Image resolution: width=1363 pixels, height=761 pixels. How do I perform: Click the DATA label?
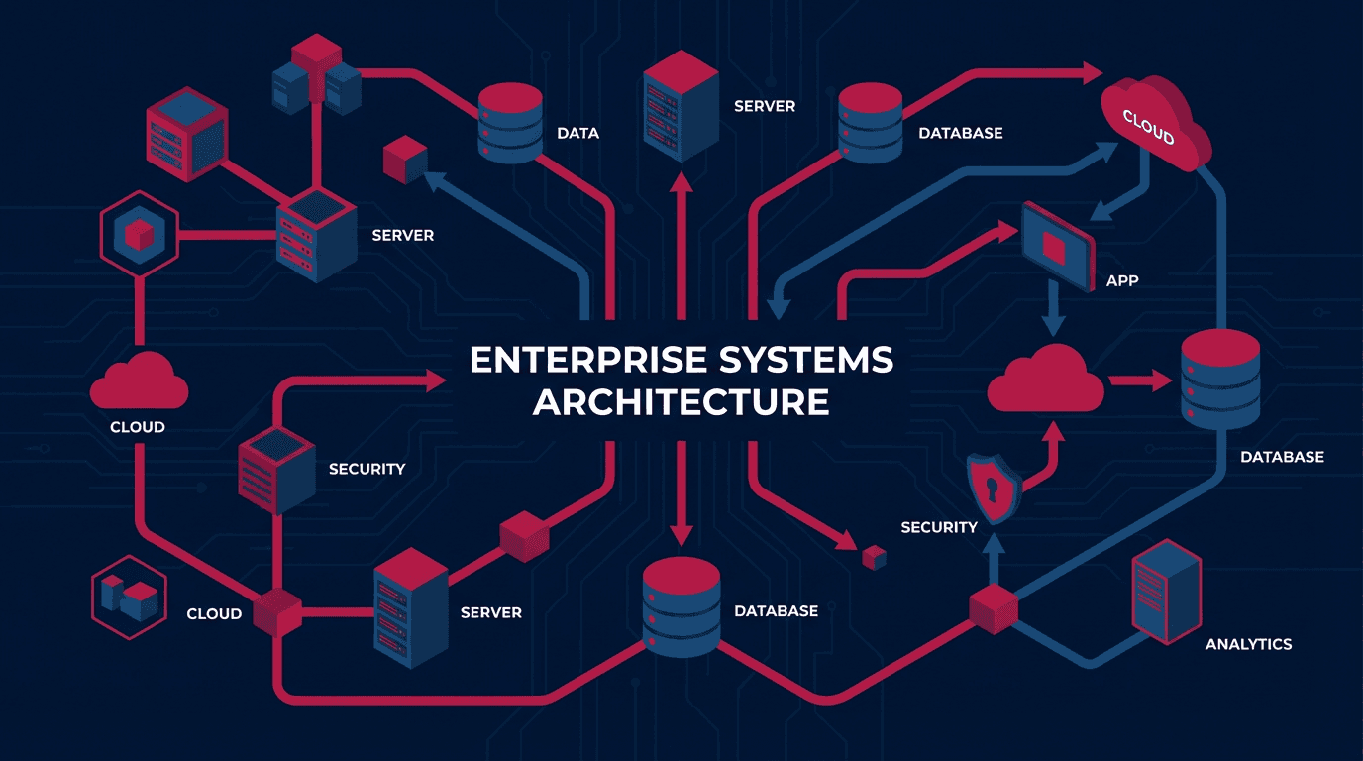pyautogui.click(x=577, y=133)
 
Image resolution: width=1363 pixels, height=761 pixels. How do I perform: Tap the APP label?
pyautogui.click(x=1121, y=280)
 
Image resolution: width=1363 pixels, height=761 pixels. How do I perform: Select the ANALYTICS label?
pyautogui.click(x=1248, y=644)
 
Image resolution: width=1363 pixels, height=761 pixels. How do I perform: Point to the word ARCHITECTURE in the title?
pyautogui.click(x=681, y=402)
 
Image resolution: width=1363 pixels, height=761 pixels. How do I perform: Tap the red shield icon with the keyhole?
pyautogui.click(x=994, y=488)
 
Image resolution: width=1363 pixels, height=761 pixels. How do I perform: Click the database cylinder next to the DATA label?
pyautogui.click(x=510, y=123)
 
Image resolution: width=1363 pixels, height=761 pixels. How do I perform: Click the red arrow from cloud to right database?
pyautogui.click(x=1142, y=380)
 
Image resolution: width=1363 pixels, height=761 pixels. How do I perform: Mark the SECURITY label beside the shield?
pyautogui.click(x=939, y=527)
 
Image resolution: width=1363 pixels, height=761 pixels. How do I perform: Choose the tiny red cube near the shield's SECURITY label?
pyautogui.click(x=873, y=558)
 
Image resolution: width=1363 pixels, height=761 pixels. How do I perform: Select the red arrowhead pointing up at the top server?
pyautogui.click(x=681, y=184)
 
